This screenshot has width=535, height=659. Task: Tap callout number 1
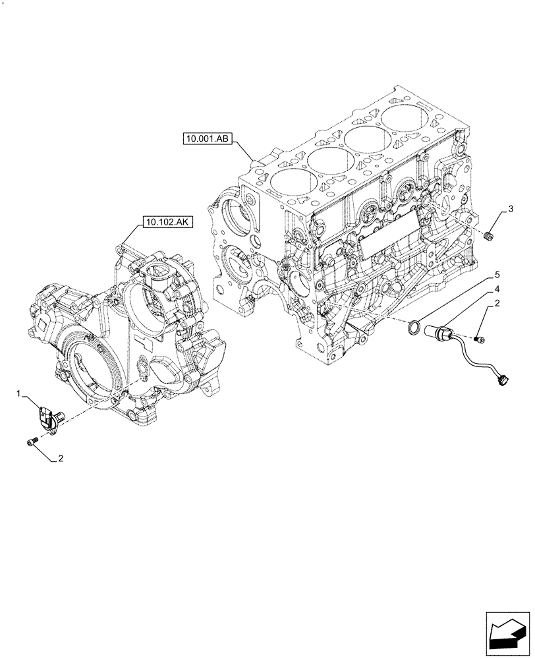[20, 393]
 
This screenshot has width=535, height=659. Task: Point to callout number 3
[510, 210]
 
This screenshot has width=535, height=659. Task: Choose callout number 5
[497, 273]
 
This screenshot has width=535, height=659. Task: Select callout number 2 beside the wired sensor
[497, 304]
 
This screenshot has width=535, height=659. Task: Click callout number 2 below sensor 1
[60, 458]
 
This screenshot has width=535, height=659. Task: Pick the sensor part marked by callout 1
[47, 417]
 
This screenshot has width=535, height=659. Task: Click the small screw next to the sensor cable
[480, 339]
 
